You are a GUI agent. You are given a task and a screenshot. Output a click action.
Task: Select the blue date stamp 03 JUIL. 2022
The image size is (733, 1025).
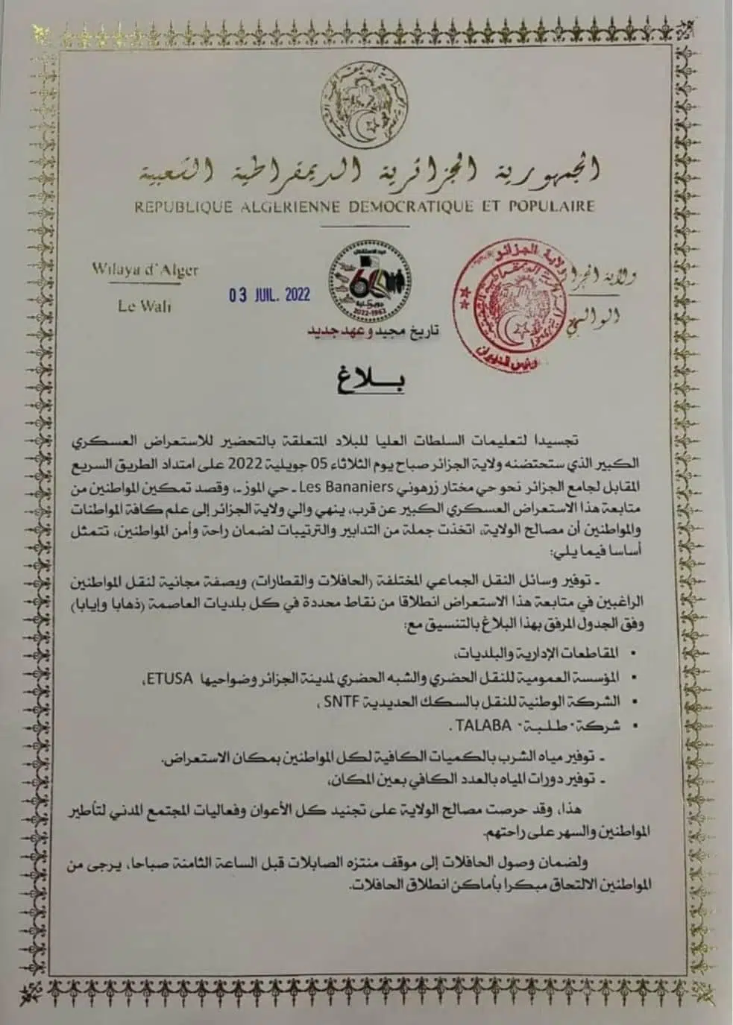click(269, 294)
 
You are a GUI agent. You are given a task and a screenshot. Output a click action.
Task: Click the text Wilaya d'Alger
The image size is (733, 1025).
click(145, 271)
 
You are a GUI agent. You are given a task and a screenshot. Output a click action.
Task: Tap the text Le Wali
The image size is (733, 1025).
click(145, 306)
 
